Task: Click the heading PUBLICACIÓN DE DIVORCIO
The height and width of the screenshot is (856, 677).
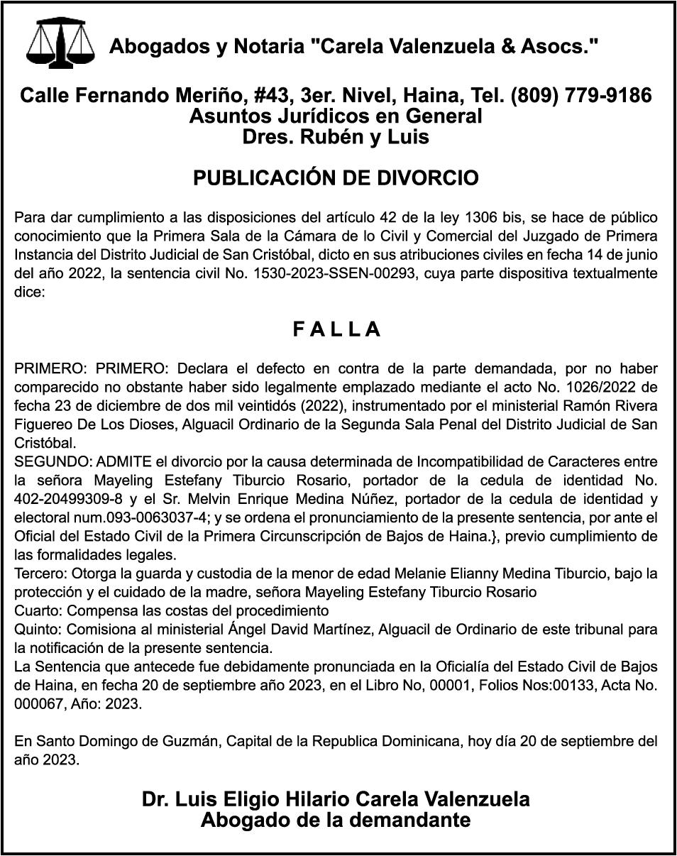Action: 336,178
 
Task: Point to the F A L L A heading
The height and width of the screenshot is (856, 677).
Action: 337,329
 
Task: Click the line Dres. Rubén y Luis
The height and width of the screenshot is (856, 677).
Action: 336,136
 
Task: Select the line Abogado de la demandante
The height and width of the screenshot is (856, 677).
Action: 336,821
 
